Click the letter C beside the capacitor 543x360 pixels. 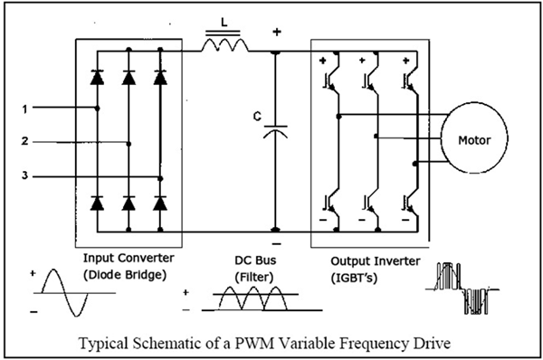point(258,116)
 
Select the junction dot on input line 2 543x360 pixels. point(129,143)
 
